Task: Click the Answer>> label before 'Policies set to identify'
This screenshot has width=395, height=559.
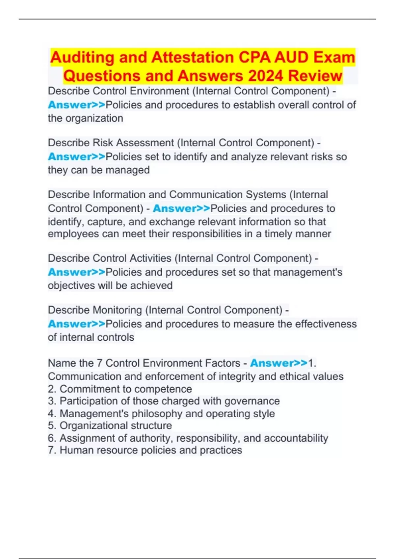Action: pyautogui.click(x=76, y=157)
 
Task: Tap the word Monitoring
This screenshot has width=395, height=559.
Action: pyautogui.click(x=118, y=310)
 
